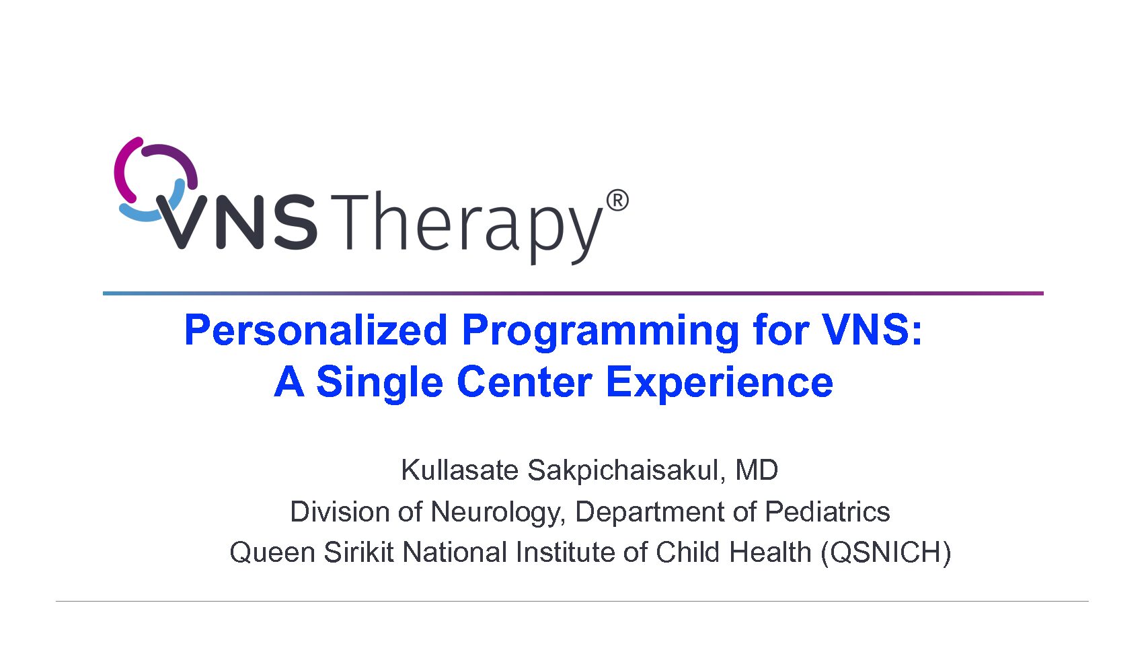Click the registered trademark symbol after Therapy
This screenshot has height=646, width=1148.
(617, 201)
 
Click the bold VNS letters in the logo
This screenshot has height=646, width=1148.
(237, 221)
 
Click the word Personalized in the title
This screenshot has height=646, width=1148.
(315, 330)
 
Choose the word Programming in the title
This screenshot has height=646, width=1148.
(601, 332)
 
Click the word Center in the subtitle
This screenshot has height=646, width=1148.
(525, 382)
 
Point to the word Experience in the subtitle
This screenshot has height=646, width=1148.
(720, 384)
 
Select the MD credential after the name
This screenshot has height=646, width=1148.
(757, 470)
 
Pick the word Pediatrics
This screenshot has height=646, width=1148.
(827, 511)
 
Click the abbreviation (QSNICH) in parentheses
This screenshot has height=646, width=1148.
(886, 553)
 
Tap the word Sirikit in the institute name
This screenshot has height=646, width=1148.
(358, 552)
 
